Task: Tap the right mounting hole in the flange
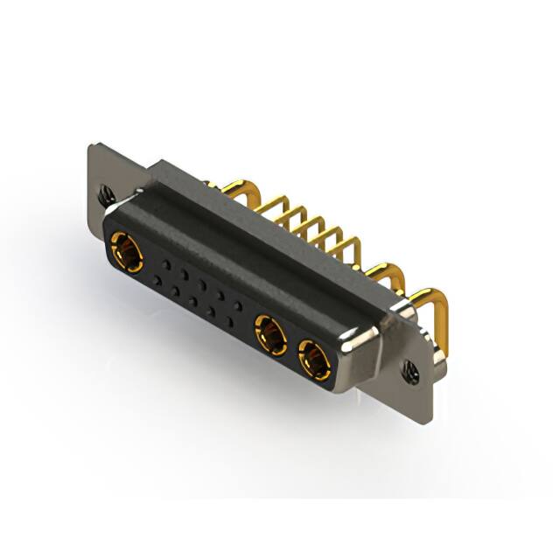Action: (411, 373)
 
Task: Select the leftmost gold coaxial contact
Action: (128, 253)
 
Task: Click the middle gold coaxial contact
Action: (269, 335)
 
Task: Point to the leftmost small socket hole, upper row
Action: (164, 263)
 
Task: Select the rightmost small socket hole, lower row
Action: (229, 322)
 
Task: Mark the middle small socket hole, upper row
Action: (200, 283)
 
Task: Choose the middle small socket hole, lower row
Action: (193, 301)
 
